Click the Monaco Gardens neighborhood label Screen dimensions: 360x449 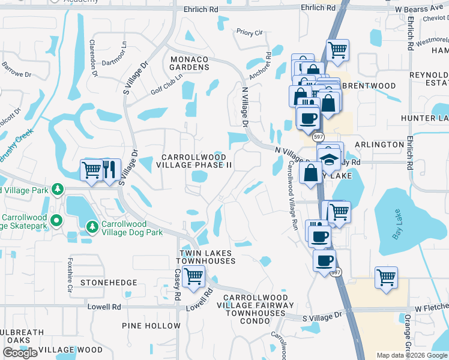(x=189, y=63)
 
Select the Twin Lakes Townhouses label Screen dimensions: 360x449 (x=205, y=257)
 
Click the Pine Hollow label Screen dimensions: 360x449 (x=151, y=326)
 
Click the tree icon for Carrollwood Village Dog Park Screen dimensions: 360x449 (x=92, y=226)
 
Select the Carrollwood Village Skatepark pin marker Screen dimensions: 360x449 (x=57, y=220)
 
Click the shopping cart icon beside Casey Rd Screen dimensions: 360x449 (x=194, y=277)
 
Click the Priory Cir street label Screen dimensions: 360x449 (x=250, y=32)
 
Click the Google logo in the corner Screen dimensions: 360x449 (x=20, y=353)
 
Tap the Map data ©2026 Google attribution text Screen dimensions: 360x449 (x=412, y=355)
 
